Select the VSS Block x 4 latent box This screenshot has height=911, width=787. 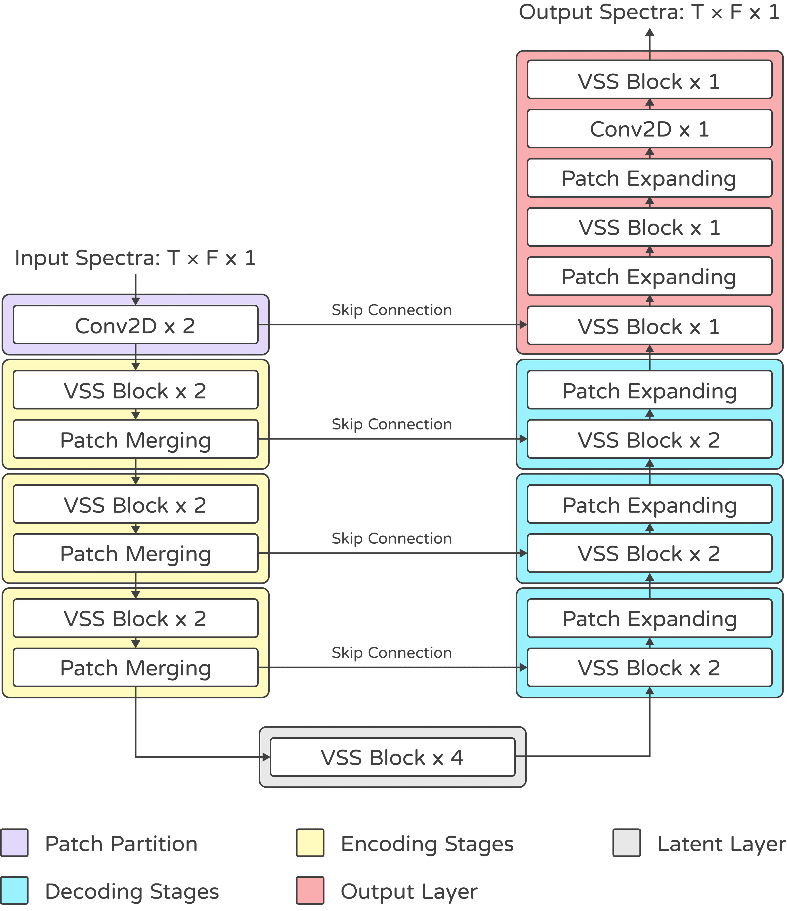click(x=392, y=757)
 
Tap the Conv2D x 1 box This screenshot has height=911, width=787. click(x=649, y=129)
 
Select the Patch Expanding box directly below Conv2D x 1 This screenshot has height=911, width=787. click(x=649, y=178)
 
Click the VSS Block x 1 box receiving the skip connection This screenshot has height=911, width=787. click(x=649, y=326)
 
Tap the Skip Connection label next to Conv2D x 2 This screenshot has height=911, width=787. click(x=391, y=310)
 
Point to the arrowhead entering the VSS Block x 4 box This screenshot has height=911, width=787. click(x=266, y=757)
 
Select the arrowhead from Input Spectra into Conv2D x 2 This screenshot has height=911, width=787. click(x=135, y=301)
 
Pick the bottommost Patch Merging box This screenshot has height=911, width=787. click(x=135, y=667)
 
